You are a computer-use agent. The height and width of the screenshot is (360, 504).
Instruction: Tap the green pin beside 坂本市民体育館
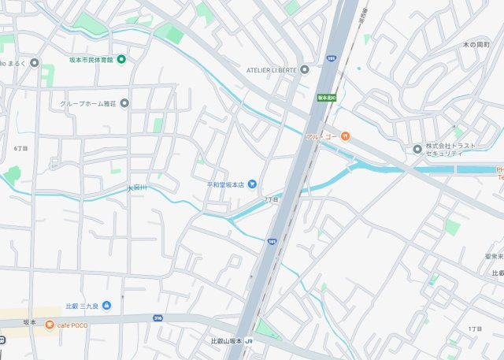coord(122,59)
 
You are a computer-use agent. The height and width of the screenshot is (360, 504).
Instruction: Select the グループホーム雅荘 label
coord(89,103)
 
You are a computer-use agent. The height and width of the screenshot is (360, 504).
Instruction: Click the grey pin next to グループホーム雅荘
coord(124,103)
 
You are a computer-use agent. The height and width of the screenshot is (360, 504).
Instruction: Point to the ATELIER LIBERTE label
coord(272,69)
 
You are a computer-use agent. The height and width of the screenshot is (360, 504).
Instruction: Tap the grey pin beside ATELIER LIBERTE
coord(305,69)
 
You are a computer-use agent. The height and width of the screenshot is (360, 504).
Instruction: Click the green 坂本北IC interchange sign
coord(326,98)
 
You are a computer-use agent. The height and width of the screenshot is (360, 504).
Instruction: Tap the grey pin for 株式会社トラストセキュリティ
coord(417,149)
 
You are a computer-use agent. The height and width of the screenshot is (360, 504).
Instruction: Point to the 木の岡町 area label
coord(477,44)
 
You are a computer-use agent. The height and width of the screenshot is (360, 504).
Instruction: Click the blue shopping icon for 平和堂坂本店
coord(252,184)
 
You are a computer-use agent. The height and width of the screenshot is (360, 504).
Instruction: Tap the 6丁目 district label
coord(20,148)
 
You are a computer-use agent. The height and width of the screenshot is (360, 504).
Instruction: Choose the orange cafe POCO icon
coord(50,325)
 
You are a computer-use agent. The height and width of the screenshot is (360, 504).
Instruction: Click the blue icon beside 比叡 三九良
coord(106,306)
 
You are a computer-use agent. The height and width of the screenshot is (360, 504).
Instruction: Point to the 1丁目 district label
coord(475,328)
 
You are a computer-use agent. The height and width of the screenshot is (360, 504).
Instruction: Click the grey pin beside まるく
coord(34,63)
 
